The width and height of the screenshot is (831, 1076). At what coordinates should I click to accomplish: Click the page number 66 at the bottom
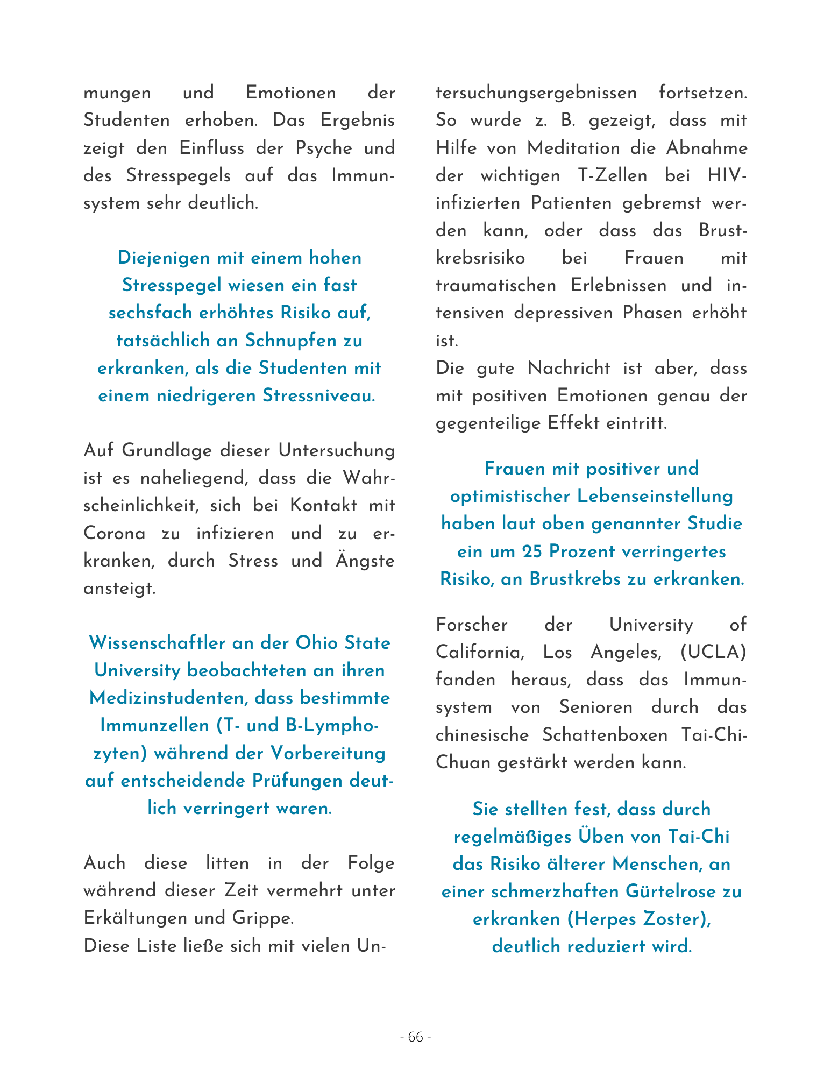(416, 1037)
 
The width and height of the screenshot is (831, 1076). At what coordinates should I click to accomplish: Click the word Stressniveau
(318, 395)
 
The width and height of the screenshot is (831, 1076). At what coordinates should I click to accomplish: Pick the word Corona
(115, 533)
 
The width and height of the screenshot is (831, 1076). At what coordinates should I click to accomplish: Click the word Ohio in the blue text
(316, 643)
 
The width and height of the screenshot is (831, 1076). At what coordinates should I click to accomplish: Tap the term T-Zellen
(613, 176)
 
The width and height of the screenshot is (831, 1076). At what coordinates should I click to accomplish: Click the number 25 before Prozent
(532, 551)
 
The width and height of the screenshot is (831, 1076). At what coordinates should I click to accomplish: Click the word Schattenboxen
(605, 734)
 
